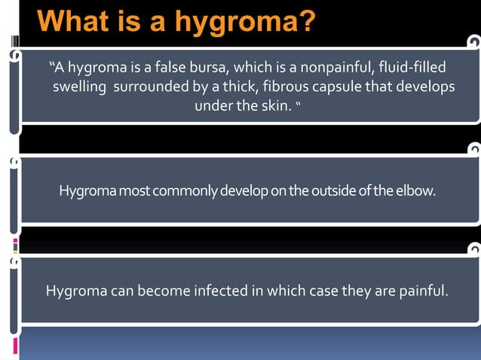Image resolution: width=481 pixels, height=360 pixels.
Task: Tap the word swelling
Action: [x=79, y=87]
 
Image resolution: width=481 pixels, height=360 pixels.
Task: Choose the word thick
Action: [x=237, y=87]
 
